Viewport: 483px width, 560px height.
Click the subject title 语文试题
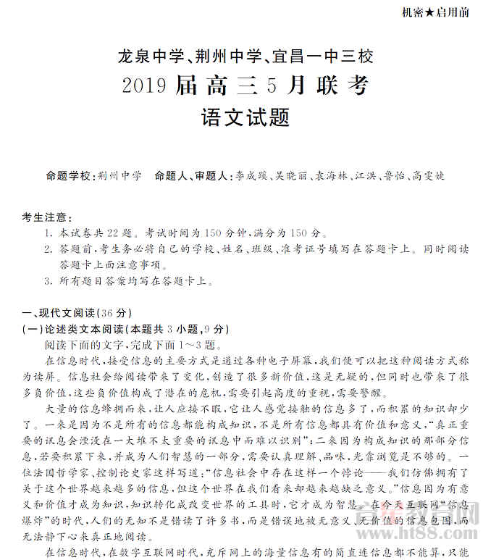(x=242, y=118)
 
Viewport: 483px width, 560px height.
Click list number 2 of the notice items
(x=47, y=249)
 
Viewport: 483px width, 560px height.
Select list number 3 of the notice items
(x=47, y=281)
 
